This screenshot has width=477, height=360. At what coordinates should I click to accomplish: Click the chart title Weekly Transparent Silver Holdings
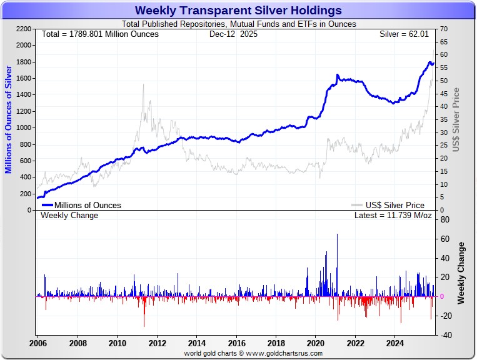[238, 11]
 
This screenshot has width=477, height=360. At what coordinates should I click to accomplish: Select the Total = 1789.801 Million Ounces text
[100, 34]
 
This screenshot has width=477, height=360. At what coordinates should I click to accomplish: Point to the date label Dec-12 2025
[233, 34]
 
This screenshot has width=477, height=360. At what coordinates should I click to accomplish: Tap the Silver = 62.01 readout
[404, 34]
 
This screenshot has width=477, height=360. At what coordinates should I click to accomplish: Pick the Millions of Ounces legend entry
[88, 205]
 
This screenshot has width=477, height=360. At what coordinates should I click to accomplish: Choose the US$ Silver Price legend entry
[395, 205]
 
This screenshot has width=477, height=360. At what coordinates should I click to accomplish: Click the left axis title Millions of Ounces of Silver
[9, 119]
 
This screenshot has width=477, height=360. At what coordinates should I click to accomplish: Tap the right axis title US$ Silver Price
[456, 119]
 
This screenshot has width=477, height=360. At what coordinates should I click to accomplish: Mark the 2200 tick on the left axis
[23, 29]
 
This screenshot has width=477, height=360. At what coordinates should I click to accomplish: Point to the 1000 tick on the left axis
[23, 127]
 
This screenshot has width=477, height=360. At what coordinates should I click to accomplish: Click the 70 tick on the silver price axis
[443, 29]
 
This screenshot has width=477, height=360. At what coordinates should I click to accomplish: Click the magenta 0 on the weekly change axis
[443, 296]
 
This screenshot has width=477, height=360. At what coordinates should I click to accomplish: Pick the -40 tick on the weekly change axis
[445, 334]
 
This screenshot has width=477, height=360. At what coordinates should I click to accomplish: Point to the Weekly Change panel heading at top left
[69, 216]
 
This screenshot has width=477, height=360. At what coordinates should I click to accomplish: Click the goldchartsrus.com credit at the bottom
[253, 354]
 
